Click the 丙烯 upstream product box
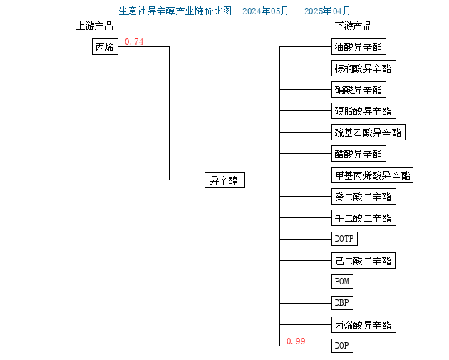105,46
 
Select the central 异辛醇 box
224,180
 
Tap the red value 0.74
134,42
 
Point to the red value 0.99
296,341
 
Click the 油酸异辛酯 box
358,46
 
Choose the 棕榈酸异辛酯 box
363,68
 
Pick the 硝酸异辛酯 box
358,89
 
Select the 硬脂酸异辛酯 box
363,110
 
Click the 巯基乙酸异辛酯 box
368,133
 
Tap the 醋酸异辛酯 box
358,153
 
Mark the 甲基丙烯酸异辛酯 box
372,175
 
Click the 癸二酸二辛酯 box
363,197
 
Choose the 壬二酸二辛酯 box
363,217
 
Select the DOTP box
344,239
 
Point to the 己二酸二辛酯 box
363,261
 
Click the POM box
342,282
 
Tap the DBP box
342,303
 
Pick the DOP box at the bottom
342,346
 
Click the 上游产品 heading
95,26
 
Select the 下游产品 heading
353,26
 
